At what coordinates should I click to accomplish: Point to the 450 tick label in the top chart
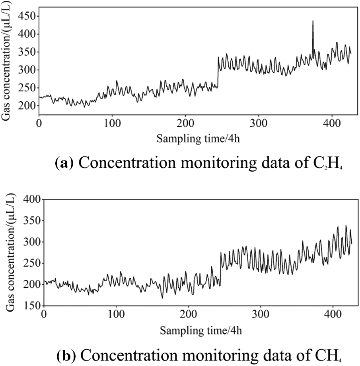click(26, 16)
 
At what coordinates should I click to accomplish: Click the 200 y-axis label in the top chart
click(26, 106)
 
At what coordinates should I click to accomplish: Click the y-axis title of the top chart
click(7, 64)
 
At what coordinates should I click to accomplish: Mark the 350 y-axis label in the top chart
click(26, 52)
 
